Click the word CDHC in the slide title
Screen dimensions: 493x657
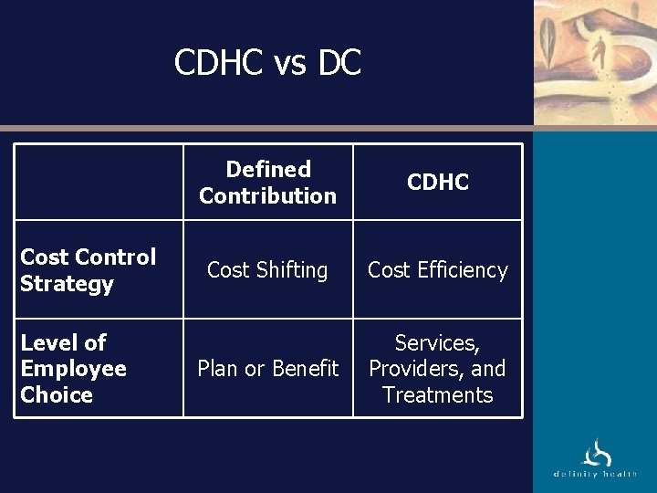(x=219, y=63)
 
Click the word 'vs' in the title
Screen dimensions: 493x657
(x=290, y=63)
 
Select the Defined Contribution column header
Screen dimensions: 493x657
(x=267, y=182)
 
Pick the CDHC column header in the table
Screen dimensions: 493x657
(x=438, y=182)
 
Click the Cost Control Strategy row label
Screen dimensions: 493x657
(x=89, y=270)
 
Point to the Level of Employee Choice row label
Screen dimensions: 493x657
(x=73, y=369)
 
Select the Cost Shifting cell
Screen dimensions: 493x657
(x=267, y=270)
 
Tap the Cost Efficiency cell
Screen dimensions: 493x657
(x=438, y=270)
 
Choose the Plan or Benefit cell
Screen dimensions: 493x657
(x=267, y=369)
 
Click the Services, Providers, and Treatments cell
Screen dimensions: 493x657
(x=438, y=369)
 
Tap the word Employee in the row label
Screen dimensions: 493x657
(x=73, y=369)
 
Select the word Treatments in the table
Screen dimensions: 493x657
(x=438, y=395)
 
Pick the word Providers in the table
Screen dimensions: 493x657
(x=416, y=369)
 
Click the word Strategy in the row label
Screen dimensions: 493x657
(x=67, y=284)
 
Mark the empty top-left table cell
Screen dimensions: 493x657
(x=99, y=182)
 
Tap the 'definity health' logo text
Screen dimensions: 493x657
(x=595, y=475)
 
